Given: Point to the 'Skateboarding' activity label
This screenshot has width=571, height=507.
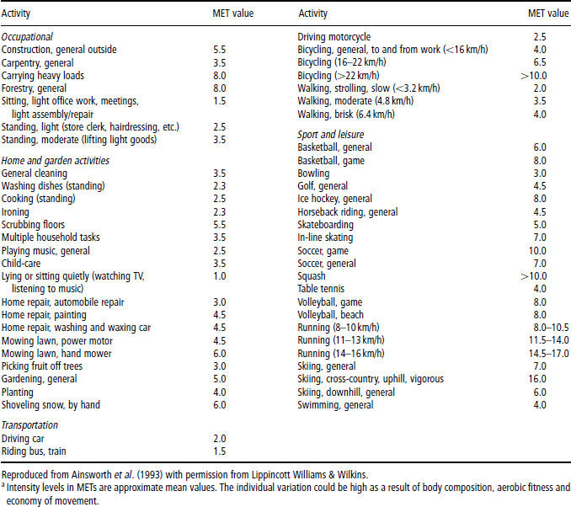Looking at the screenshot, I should pyautogui.click(x=326, y=225).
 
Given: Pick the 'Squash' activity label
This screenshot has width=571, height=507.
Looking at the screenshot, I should pyautogui.click(x=312, y=276).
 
